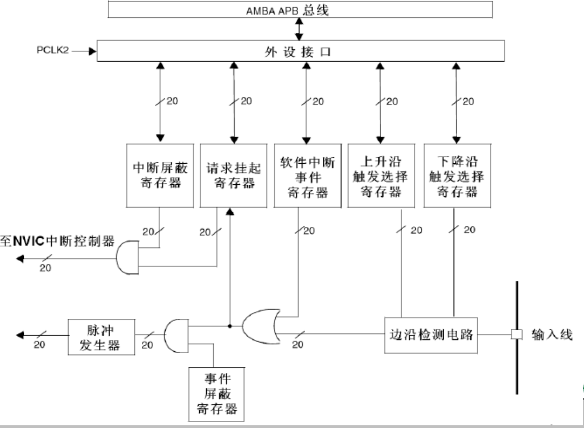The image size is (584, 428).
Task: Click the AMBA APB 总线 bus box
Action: [x=300, y=10]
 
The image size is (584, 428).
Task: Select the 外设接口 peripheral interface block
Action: [x=301, y=51]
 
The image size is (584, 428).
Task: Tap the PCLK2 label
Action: [x=53, y=50]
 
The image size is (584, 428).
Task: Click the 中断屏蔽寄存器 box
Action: [x=160, y=175]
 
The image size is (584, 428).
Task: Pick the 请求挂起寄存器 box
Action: [x=234, y=175]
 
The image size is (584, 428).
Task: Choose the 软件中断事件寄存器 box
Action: [x=308, y=175]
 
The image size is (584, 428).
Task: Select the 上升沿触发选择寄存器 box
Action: [x=381, y=175]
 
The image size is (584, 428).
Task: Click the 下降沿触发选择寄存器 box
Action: [x=457, y=175]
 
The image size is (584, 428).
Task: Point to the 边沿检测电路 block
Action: [x=431, y=335]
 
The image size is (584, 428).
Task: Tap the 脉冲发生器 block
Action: [x=101, y=337]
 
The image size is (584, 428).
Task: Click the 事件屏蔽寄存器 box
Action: [x=216, y=394]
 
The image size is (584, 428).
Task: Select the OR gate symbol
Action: [x=261, y=326]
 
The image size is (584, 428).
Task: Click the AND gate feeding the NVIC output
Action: [x=127, y=258]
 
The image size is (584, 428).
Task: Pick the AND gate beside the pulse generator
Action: [x=176, y=336]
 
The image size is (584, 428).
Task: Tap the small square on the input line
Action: [x=517, y=335]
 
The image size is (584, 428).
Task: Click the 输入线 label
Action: [x=552, y=335]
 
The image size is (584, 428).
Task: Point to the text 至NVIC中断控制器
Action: [x=57, y=241]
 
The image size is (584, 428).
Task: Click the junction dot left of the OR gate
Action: [x=230, y=326]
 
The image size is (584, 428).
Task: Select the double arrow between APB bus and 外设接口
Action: [x=298, y=29]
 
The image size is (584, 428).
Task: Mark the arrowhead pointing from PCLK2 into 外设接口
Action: [x=93, y=51]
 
